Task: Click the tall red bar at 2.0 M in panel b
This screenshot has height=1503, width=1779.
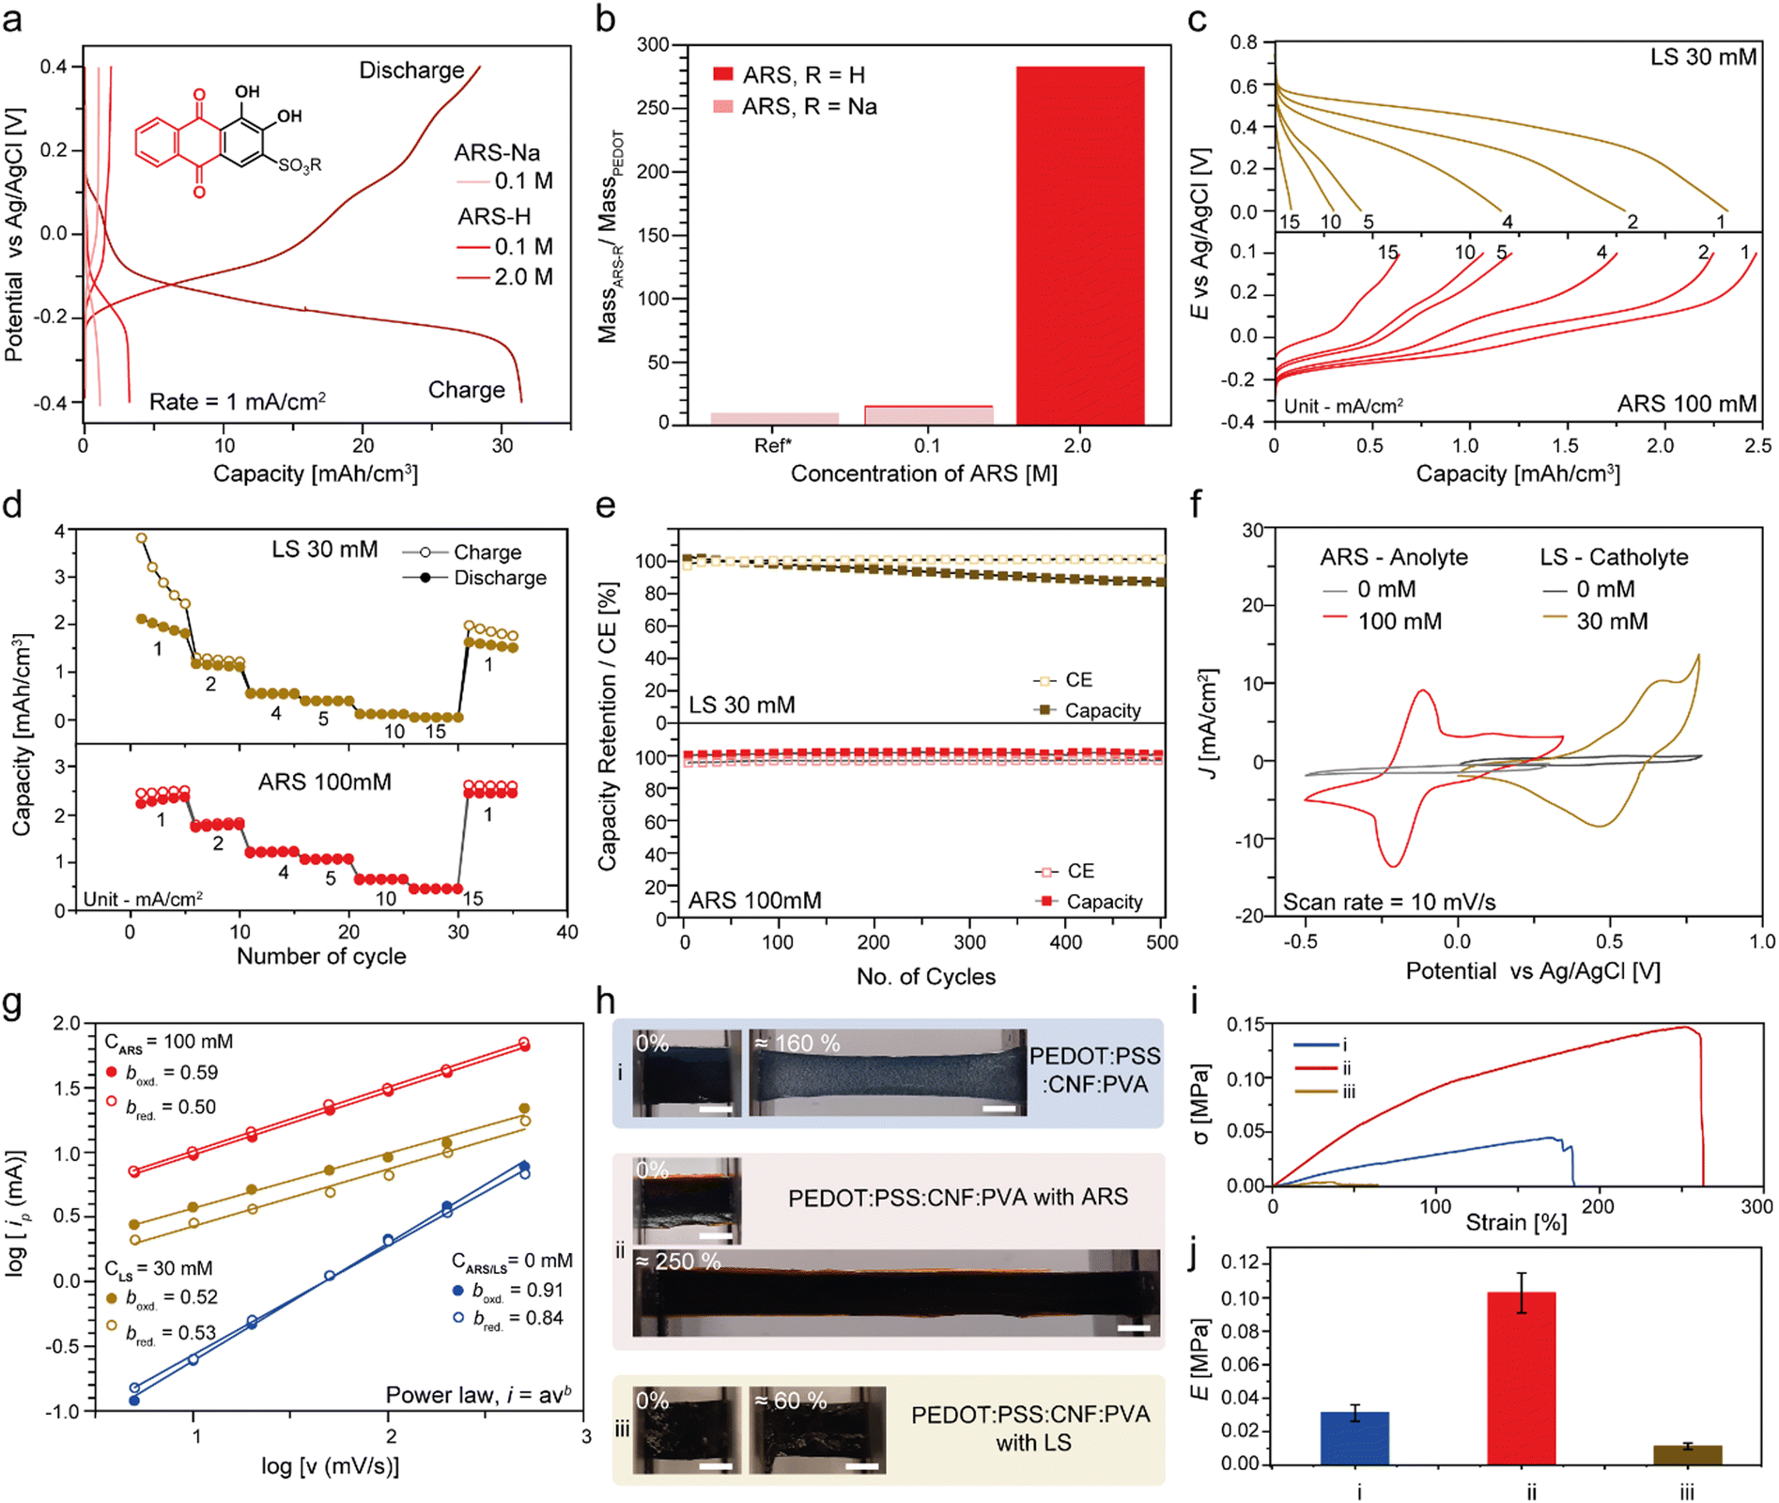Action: point(1079,245)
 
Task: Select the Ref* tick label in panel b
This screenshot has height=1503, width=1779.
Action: point(773,445)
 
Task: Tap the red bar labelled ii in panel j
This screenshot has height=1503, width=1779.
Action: point(1522,1377)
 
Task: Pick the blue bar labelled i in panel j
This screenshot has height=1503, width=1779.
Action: point(1354,1437)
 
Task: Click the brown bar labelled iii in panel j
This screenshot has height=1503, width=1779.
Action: point(1688,1454)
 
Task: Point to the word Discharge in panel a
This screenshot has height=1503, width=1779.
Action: point(411,70)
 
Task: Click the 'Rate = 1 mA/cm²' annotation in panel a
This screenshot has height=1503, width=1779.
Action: point(238,401)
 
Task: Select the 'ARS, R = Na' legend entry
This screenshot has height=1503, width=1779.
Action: point(795,107)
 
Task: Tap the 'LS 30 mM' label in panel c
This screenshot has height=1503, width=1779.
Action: point(1703,57)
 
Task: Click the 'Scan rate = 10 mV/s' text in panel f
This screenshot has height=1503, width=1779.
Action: point(1389,902)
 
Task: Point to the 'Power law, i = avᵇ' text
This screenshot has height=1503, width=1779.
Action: point(478,1394)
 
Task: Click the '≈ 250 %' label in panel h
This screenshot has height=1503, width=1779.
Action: point(678,1262)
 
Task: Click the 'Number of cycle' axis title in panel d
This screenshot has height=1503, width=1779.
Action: point(321,956)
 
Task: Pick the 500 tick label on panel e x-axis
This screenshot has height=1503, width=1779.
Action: point(1162,942)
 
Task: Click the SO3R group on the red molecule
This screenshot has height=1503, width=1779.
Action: point(300,165)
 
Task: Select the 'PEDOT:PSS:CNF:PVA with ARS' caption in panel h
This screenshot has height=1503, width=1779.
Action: point(958,1198)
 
